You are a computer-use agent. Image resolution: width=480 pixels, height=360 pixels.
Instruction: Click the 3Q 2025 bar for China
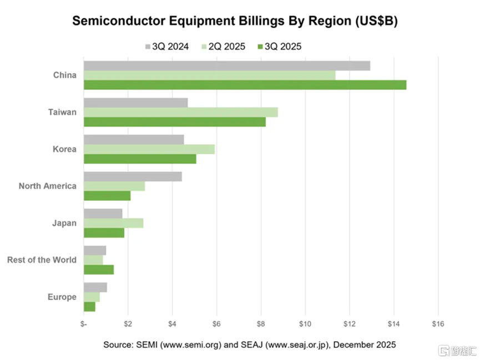tap(245, 85)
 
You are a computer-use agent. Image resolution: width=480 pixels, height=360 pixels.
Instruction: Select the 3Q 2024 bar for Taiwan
tap(135, 103)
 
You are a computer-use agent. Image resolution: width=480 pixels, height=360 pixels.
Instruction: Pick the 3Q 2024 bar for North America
tap(133, 176)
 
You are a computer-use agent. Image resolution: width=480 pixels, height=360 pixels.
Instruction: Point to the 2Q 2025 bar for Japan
tap(113, 223)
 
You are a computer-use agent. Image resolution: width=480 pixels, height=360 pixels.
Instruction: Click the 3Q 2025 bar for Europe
tap(89, 307)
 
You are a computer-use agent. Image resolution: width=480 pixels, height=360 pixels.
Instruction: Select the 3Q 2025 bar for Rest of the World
tap(99, 270)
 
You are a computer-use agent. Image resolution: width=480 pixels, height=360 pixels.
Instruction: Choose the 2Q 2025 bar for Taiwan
tap(180, 112)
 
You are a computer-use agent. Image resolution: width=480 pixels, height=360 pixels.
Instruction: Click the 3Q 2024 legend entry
tap(166, 47)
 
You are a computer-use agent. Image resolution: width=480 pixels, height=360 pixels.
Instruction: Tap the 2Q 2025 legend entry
tap(223, 47)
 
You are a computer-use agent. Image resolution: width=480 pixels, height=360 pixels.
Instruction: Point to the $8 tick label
tap(261, 323)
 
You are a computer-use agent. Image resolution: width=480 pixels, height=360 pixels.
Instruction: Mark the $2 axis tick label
tap(128, 323)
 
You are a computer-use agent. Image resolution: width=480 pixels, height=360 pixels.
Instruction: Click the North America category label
tap(48, 186)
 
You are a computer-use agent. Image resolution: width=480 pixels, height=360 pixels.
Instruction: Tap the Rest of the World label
tap(42, 260)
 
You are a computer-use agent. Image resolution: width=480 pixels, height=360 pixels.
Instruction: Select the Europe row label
tap(62, 297)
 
